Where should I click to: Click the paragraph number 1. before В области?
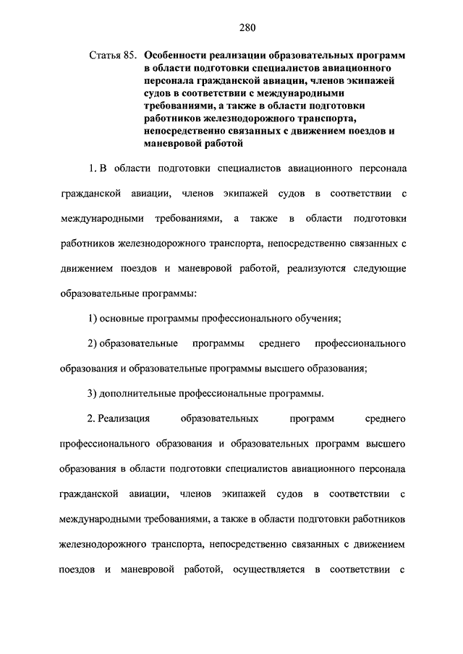coord(92,168)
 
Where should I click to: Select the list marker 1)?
coord(92,318)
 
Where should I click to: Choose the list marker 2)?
coord(92,343)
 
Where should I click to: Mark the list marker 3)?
coord(92,393)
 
